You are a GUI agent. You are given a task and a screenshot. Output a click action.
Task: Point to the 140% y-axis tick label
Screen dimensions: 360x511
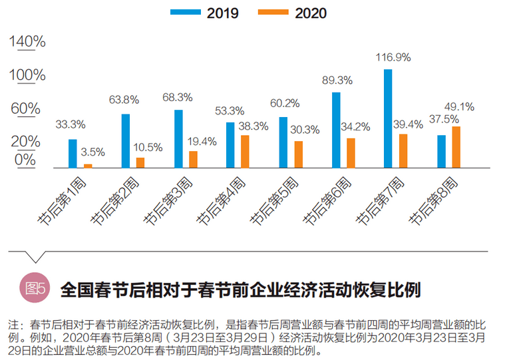[27, 42]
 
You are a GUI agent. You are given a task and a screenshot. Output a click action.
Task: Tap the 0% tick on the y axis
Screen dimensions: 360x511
[25, 159]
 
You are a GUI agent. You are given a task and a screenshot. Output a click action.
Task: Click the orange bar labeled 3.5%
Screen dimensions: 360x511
[88, 166]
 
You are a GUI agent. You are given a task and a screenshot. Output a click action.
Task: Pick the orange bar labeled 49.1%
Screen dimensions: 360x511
[456, 147]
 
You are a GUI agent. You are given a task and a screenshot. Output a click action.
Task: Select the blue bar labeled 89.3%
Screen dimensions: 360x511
[336, 130]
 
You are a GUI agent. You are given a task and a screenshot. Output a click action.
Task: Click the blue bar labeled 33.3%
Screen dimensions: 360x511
[73, 154]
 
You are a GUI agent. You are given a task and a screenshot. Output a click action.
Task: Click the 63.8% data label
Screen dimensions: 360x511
[124, 100]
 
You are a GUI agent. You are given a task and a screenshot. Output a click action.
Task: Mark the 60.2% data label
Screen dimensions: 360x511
[284, 103]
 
